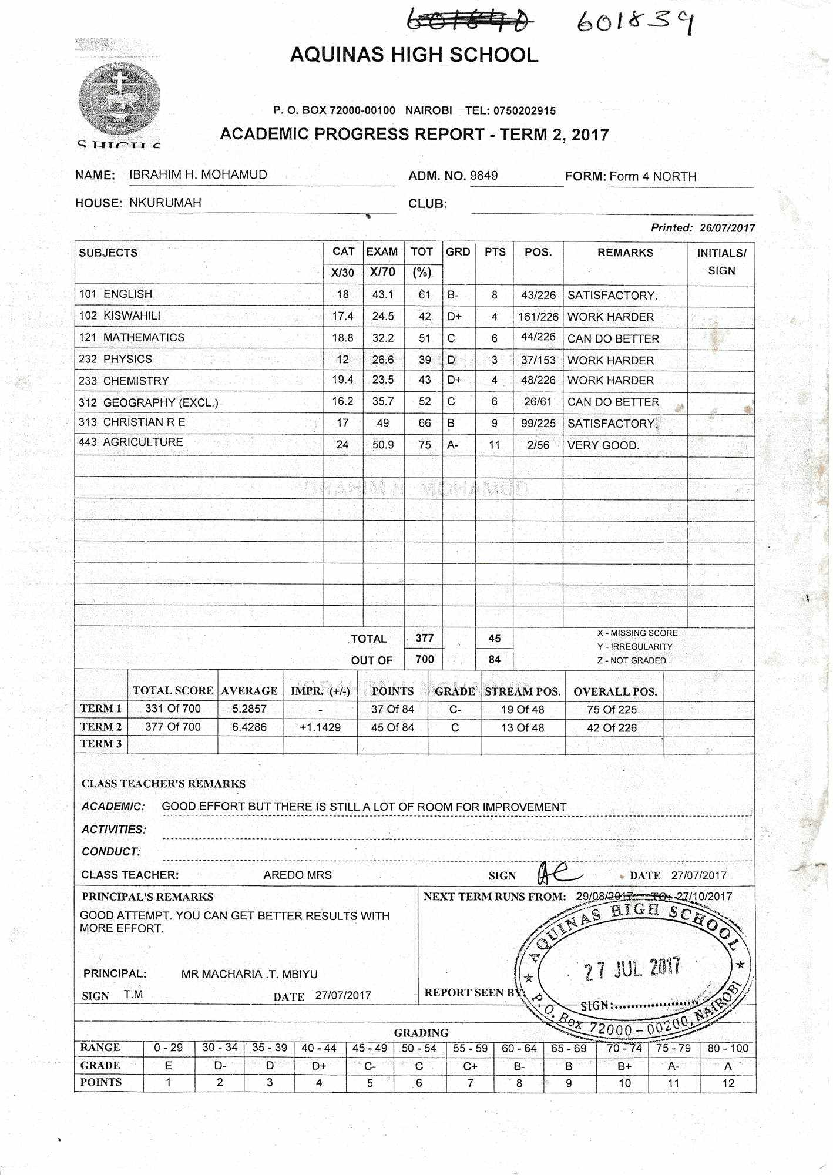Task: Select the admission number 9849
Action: (x=483, y=176)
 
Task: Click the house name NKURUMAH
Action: (x=165, y=203)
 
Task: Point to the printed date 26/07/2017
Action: (x=727, y=228)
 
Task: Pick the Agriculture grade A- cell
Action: (x=453, y=445)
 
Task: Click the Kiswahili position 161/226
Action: (x=538, y=317)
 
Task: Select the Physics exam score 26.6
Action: (x=383, y=360)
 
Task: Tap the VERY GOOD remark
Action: (x=603, y=445)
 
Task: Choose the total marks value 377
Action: (x=424, y=638)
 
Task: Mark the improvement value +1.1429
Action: (x=320, y=727)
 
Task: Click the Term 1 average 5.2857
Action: (x=249, y=709)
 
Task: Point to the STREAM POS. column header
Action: (x=522, y=691)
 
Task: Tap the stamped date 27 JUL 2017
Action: (x=632, y=969)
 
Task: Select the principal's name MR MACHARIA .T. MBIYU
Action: (x=249, y=974)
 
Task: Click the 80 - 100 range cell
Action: (x=728, y=1048)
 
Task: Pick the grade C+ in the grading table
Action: (x=470, y=1066)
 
